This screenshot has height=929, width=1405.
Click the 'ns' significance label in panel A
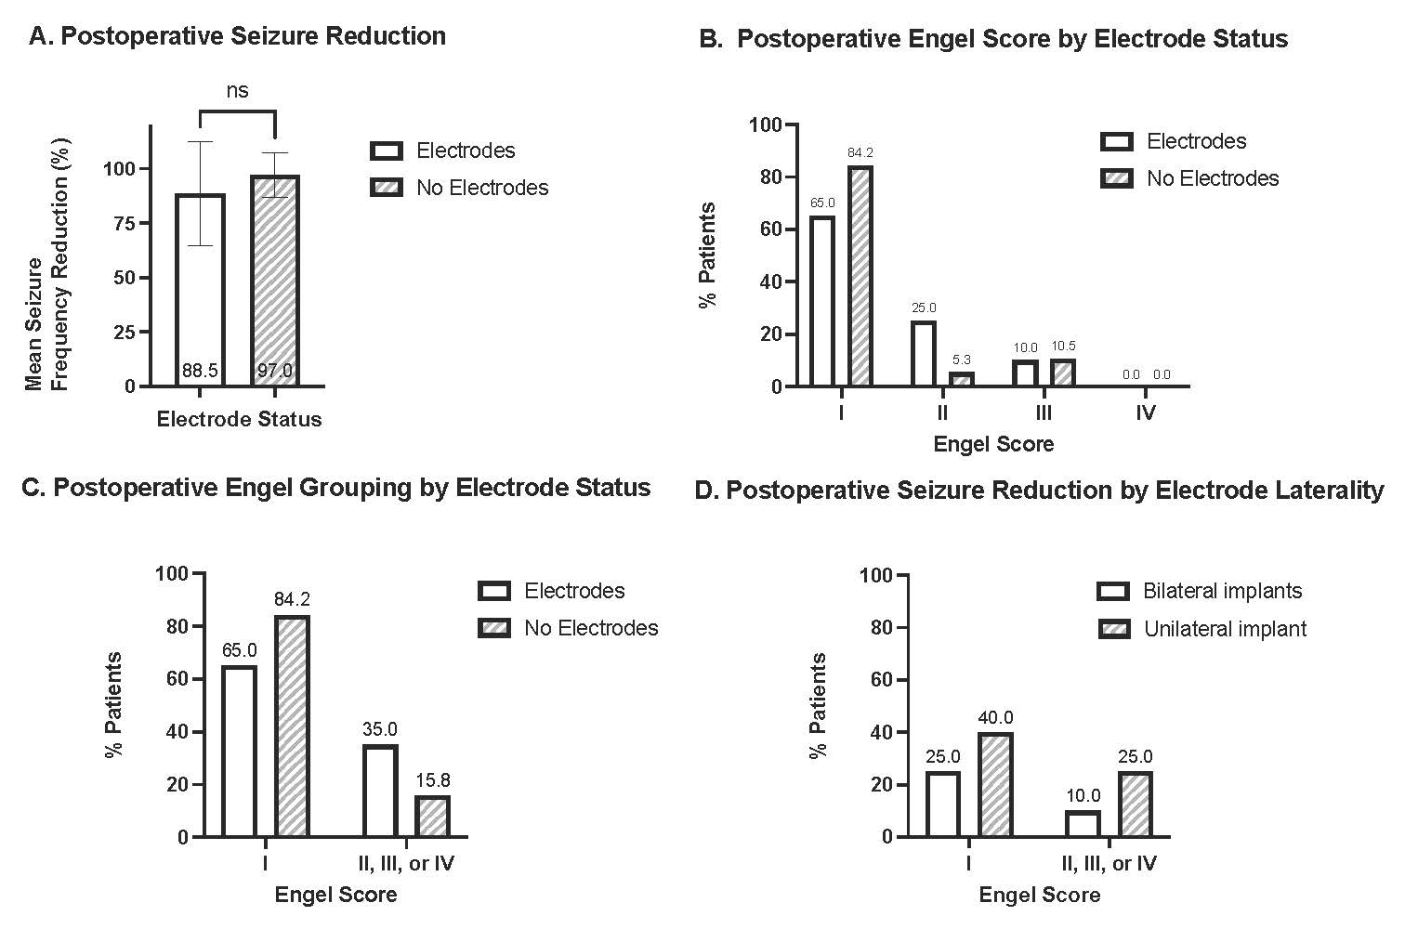coord(237,90)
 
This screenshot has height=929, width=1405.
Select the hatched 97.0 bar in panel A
coord(275,279)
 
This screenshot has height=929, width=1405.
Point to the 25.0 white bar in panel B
coord(924,353)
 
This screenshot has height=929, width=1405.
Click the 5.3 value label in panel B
coord(961,360)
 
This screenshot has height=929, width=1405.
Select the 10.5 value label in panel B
coord(1062,347)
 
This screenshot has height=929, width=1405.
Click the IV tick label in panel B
coord(1145,412)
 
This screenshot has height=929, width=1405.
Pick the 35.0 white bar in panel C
coord(381,791)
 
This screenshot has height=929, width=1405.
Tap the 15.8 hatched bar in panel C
coord(432,816)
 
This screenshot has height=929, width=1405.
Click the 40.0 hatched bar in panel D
coord(995,784)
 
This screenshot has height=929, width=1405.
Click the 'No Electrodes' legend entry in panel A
coord(481,188)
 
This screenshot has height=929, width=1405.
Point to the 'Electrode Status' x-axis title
coord(239,419)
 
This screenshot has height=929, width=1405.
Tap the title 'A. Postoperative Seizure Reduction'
coord(238,36)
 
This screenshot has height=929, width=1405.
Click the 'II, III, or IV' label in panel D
coord(1109,864)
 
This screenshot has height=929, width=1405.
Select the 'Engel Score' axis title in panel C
coord(335,895)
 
